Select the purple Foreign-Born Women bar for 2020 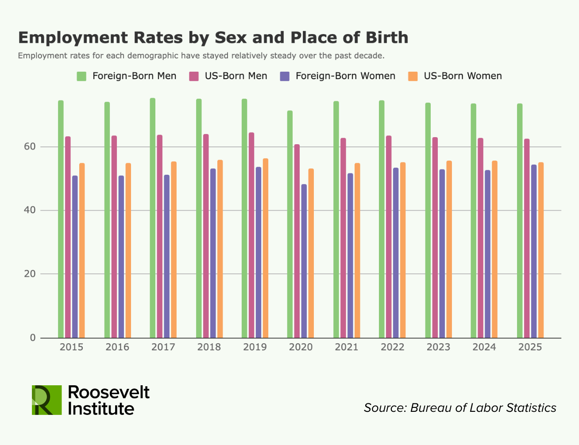click(x=304, y=261)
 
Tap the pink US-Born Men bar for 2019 click(x=251, y=235)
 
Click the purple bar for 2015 click(x=75, y=257)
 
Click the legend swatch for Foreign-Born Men click(x=81, y=76)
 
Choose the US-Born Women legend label click(x=463, y=76)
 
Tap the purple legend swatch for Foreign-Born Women click(x=285, y=76)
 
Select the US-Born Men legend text click(x=236, y=76)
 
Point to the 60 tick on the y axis click(x=32, y=147)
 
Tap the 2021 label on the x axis click(x=347, y=347)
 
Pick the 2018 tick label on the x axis click(x=209, y=347)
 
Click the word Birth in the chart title click(x=387, y=38)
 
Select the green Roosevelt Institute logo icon click(x=46, y=400)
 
